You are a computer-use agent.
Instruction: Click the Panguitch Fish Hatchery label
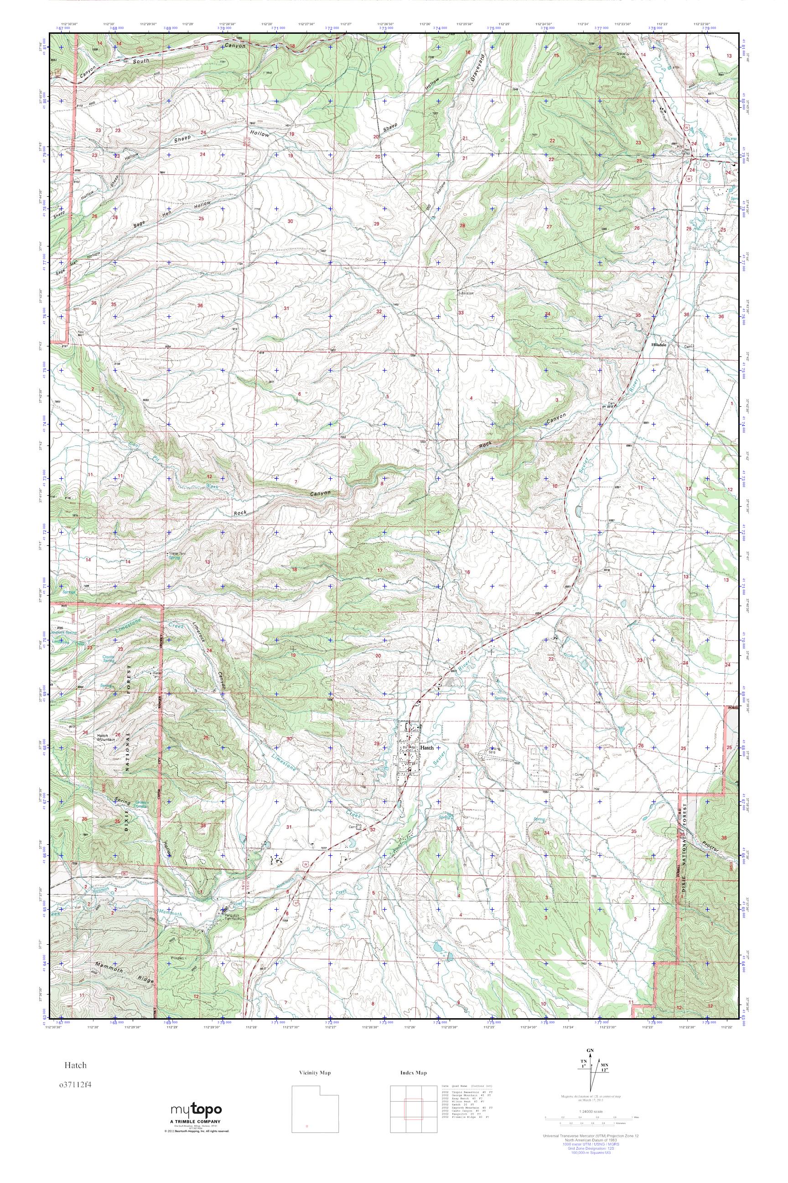(233, 916)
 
